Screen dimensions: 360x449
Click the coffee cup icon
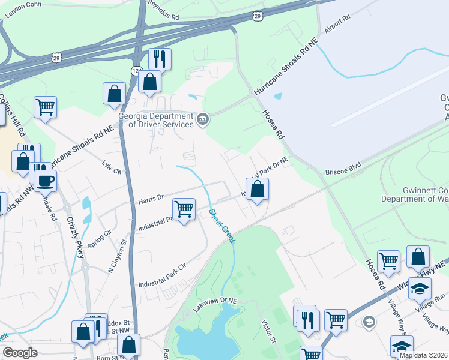(45, 180)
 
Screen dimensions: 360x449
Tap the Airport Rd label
(337, 25)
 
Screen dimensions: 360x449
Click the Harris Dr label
(151, 196)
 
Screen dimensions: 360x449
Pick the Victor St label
(268, 332)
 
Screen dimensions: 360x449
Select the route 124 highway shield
(136, 71)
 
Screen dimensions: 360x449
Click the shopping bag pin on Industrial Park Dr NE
(257, 190)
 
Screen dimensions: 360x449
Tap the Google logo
(20, 353)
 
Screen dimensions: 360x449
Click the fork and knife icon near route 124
(160, 59)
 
